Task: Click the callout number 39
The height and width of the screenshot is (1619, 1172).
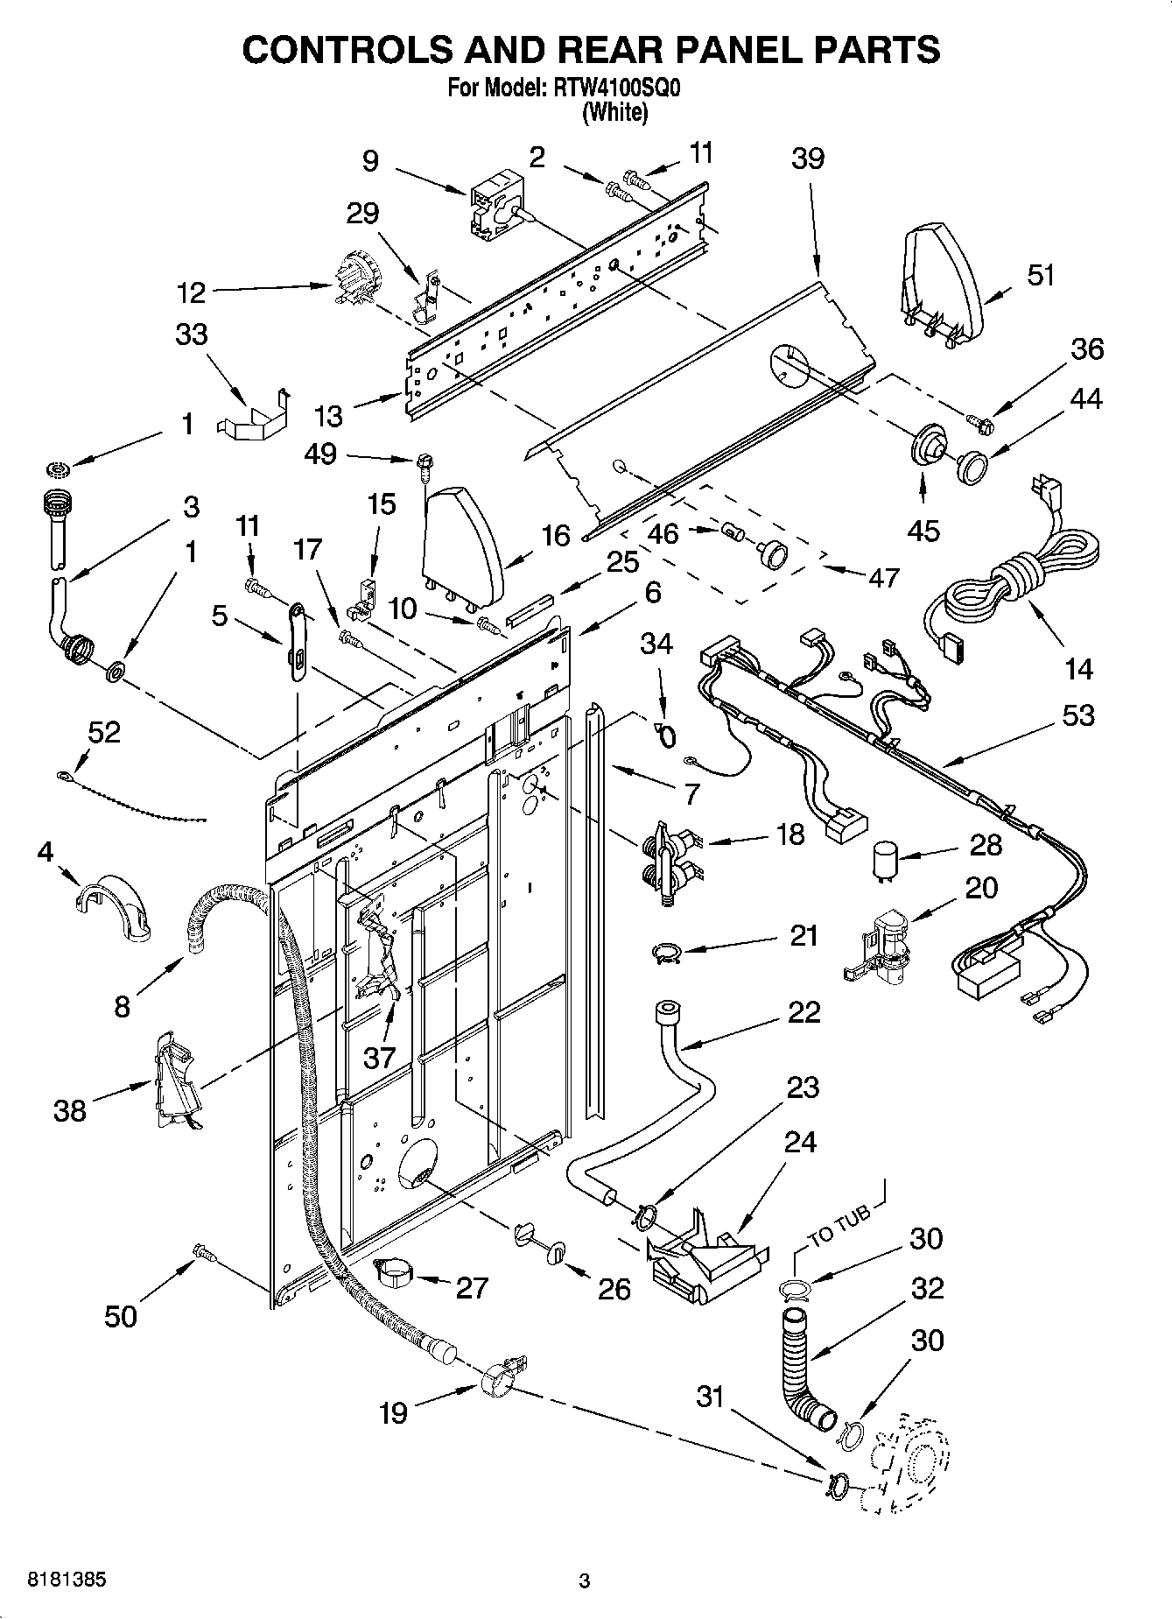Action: click(808, 158)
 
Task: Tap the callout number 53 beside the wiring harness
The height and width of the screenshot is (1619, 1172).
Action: click(1077, 715)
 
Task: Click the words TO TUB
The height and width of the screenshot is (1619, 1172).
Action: click(839, 1226)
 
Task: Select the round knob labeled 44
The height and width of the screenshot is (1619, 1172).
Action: click(970, 466)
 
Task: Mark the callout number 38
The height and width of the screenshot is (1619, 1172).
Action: click(70, 1111)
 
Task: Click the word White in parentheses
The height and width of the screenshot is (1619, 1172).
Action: click(615, 112)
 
